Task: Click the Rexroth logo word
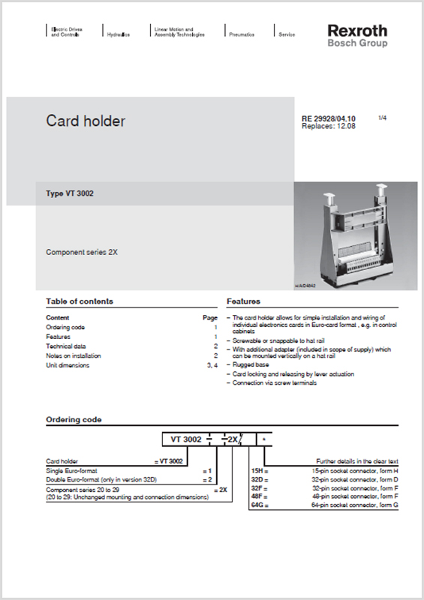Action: click(x=357, y=31)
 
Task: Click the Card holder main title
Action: click(x=86, y=121)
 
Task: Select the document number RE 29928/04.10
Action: click(x=328, y=118)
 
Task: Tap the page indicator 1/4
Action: click(x=382, y=118)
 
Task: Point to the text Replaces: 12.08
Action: click(x=328, y=126)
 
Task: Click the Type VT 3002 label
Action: click(x=70, y=193)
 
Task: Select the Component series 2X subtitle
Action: click(x=82, y=252)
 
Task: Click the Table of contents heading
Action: click(x=80, y=301)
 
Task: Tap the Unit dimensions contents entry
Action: click(x=68, y=365)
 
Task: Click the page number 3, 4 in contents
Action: click(x=212, y=365)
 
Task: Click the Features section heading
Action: click(x=243, y=301)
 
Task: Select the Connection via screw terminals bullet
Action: click(x=275, y=382)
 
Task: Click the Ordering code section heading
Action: click(x=74, y=420)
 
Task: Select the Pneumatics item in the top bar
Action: click(x=241, y=34)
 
